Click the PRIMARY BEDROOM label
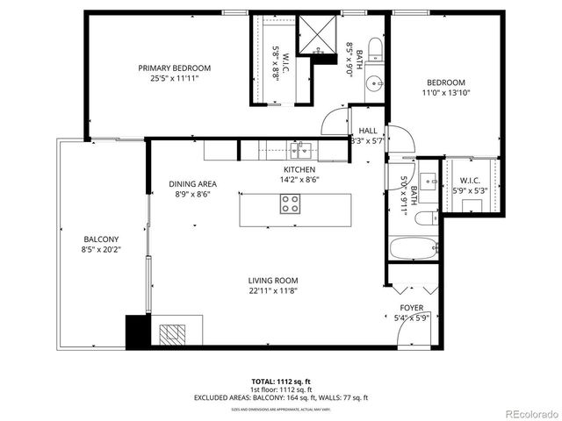pyautogui.click(x=174, y=68)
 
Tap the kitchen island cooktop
pyautogui.click(x=291, y=204)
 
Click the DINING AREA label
pyautogui.click(x=192, y=184)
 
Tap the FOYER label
pyautogui.click(x=412, y=308)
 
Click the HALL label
pyautogui.click(x=368, y=131)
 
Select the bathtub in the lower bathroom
pyautogui.click(x=412, y=248)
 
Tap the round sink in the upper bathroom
pyautogui.click(x=375, y=85)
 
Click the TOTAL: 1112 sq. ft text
pyautogui.click(x=280, y=382)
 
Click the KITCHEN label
pyautogui.click(x=299, y=170)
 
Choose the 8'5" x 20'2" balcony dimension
pyautogui.click(x=101, y=249)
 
